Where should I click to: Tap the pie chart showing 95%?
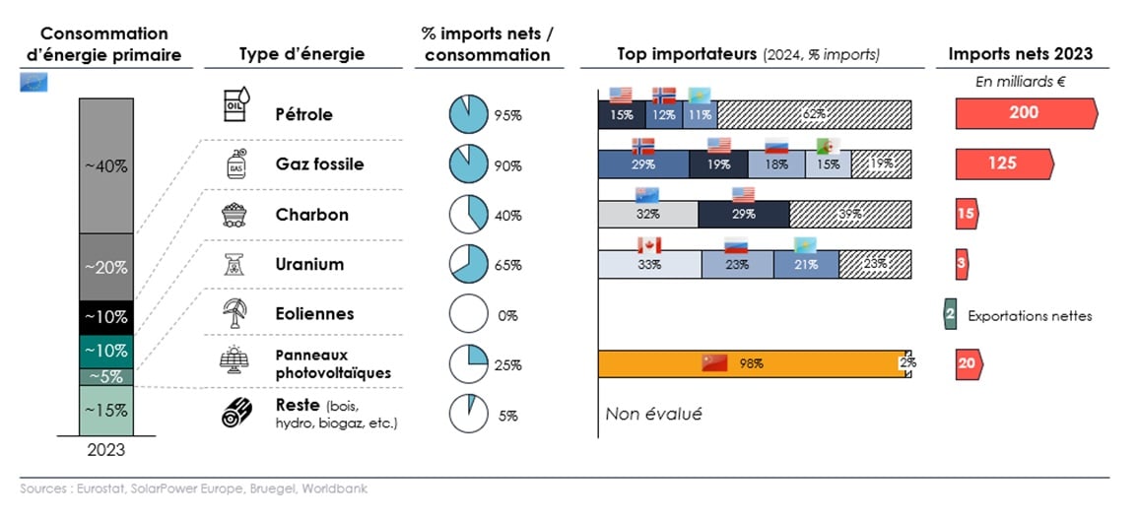tap(469, 114)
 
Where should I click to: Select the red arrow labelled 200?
tap(1025, 113)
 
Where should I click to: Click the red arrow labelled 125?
tap(1003, 163)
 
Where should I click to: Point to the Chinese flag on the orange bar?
tap(713, 362)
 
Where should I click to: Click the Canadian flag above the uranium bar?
tap(647, 244)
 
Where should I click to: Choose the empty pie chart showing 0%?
tap(469, 315)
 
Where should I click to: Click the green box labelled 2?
tap(950, 315)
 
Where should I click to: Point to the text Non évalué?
tap(653, 415)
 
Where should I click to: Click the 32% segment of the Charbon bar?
tap(647, 214)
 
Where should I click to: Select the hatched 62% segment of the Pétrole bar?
tap(814, 114)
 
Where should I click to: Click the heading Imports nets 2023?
tap(1021, 54)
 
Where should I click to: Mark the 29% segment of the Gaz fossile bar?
tap(642, 163)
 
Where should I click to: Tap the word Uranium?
tap(309, 264)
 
